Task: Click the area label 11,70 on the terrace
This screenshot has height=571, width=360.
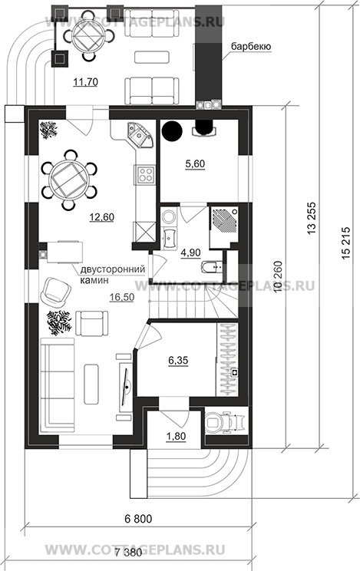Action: click(85, 82)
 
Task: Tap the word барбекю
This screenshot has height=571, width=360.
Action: click(250, 47)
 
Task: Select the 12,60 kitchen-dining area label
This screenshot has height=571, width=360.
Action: click(101, 217)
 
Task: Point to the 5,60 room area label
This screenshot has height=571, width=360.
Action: click(195, 164)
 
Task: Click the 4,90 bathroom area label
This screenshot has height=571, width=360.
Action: click(191, 252)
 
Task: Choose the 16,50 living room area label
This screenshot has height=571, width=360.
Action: click(122, 297)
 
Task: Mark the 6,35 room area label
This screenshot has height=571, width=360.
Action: click(178, 361)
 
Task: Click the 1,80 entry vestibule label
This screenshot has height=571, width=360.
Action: click(176, 435)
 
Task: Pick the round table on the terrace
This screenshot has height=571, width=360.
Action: click(88, 35)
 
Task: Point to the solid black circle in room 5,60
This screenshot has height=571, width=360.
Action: click(173, 130)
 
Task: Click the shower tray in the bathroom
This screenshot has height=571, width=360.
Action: click(223, 221)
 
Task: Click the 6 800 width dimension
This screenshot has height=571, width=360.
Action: click(138, 517)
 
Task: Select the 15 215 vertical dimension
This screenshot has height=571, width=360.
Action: click(346, 243)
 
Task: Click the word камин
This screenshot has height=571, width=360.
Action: click(94, 280)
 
